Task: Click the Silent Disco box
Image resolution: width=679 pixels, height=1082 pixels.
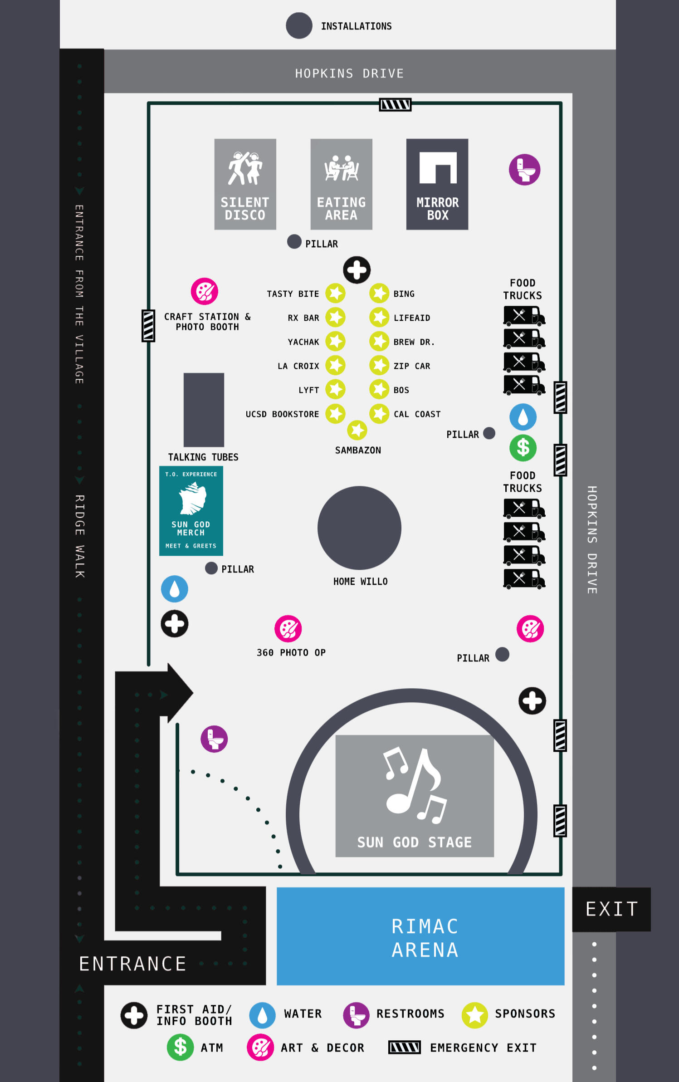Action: pos(245,184)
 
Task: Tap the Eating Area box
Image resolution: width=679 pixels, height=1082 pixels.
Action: pos(341,184)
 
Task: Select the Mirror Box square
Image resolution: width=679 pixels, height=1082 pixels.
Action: pos(437,184)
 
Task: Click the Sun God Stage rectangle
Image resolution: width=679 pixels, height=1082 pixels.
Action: pos(414,795)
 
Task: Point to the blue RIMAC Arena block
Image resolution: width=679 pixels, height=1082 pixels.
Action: pos(420,936)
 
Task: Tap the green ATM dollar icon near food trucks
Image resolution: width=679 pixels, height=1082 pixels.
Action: pos(523,448)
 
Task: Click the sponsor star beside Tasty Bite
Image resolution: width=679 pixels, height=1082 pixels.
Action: pos(336,293)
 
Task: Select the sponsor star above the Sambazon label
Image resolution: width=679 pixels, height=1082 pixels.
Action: pos(357,430)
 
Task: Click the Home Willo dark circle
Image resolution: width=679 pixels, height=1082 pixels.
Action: pos(359,528)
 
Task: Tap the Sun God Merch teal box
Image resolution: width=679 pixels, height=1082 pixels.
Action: pos(191,510)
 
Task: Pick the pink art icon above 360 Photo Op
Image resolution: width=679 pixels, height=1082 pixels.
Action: pos(288,629)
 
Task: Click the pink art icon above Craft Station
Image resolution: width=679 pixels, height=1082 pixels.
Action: pos(205,291)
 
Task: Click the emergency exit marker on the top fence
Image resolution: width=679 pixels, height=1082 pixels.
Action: pos(395,105)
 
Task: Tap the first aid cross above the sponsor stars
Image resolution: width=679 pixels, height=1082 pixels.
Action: pos(357,270)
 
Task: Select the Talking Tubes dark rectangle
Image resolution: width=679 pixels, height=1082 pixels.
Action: pos(204,410)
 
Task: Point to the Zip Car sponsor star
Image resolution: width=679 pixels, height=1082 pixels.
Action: pos(379,365)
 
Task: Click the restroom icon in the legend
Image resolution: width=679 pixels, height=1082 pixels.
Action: pos(356,1015)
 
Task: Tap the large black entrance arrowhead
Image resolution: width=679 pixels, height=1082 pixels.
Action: pos(179,693)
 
